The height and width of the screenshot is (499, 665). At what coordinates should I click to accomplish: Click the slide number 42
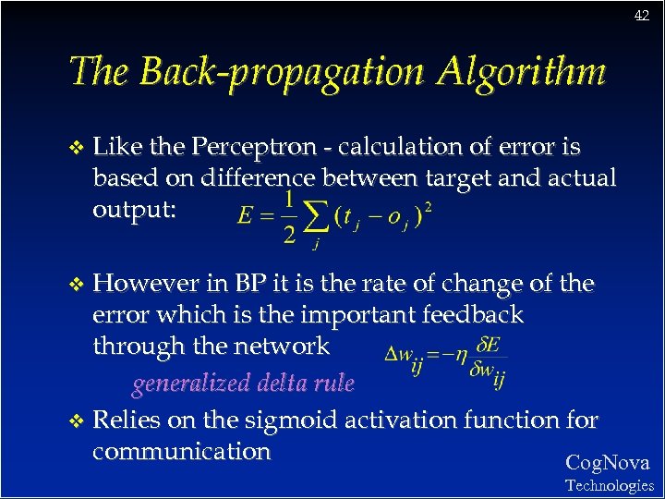(642, 16)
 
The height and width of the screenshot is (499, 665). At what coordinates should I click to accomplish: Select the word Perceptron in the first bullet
(260, 147)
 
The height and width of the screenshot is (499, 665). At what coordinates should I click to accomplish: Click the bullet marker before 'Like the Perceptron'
(77, 148)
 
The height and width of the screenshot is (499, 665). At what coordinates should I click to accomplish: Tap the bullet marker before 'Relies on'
(77, 421)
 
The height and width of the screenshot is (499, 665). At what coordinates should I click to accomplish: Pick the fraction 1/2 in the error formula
(289, 218)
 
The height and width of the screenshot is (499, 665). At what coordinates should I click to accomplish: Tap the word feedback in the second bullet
(471, 315)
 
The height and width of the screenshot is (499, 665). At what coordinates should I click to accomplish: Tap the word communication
(181, 452)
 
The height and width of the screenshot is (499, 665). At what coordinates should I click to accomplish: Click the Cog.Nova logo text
(607, 463)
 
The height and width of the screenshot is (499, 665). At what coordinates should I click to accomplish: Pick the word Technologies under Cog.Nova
(609, 485)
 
